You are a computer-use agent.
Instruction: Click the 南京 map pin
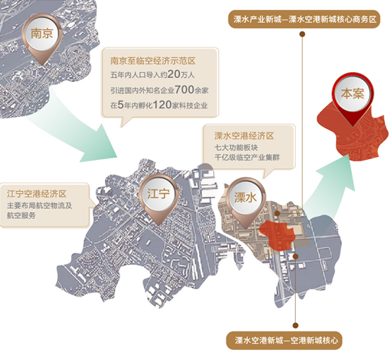click(x=42, y=38)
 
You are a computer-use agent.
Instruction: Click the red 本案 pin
click(x=352, y=98)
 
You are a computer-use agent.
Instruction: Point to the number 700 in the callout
click(x=185, y=89)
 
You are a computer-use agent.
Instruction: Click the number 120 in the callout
click(x=162, y=105)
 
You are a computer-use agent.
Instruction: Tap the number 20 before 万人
click(x=174, y=74)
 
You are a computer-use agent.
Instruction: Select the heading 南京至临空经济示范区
click(x=152, y=61)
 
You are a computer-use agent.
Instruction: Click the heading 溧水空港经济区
click(x=244, y=136)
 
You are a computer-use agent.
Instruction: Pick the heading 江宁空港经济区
click(x=37, y=194)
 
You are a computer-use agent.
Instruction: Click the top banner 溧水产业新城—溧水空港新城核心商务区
click(x=304, y=19)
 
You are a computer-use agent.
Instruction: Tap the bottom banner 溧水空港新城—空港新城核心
click(x=284, y=340)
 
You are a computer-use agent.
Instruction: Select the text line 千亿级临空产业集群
click(x=247, y=158)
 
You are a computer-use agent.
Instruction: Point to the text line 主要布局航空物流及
click(x=40, y=205)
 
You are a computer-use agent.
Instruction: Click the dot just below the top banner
click(x=302, y=34)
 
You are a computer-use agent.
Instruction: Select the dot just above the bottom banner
click(x=296, y=325)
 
